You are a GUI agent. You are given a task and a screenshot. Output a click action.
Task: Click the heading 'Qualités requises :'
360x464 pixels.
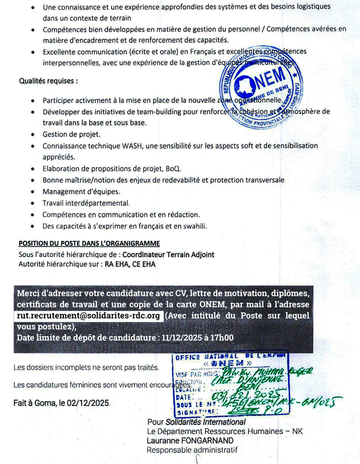tap(49, 81)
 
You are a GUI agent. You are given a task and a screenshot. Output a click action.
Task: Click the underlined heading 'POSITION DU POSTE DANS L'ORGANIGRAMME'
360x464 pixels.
tap(89, 243)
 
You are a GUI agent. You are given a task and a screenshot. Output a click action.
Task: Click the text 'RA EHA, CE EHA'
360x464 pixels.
tap(130, 264)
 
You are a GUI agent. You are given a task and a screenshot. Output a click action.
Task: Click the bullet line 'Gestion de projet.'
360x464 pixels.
tap(71, 134)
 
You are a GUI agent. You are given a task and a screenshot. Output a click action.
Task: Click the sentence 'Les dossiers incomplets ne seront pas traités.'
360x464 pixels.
tap(86, 367)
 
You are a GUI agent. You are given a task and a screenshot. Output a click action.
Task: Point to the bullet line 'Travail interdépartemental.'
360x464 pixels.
tap(86, 203)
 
